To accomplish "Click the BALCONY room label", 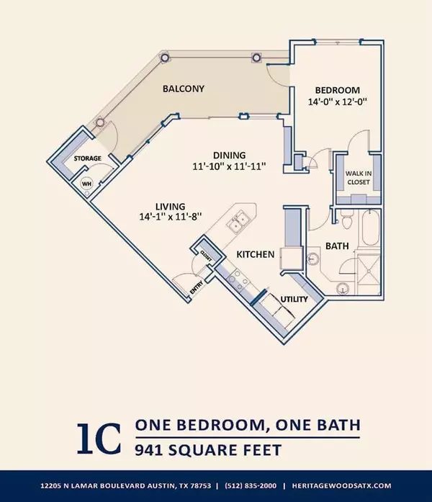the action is pyautogui.click(x=184, y=89).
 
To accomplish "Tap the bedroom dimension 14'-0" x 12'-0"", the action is pyautogui.click(x=337, y=102).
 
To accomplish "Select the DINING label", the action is pyautogui.click(x=230, y=156).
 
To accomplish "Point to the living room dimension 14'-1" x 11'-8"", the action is pyautogui.click(x=170, y=217).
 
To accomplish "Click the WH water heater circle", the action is pyautogui.click(x=86, y=184).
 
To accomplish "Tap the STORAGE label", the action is pyautogui.click(x=88, y=158).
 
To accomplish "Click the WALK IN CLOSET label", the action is pyautogui.click(x=359, y=178).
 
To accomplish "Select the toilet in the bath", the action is pyautogui.click(x=346, y=219).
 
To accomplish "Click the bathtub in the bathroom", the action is pyautogui.click(x=371, y=228).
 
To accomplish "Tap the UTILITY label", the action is pyautogui.click(x=294, y=299).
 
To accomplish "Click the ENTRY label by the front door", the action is pyautogui.click(x=197, y=287).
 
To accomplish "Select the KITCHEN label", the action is pyautogui.click(x=256, y=254).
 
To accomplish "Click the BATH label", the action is pyautogui.click(x=337, y=246).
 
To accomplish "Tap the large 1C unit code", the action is pyautogui.click(x=99, y=439).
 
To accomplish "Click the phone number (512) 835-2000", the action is pyautogui.click(x=251, y=485).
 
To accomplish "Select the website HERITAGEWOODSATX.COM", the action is pyautogui.click(x=341, y=485).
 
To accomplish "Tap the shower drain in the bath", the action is pyautogui.click(x=369, y=272).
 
